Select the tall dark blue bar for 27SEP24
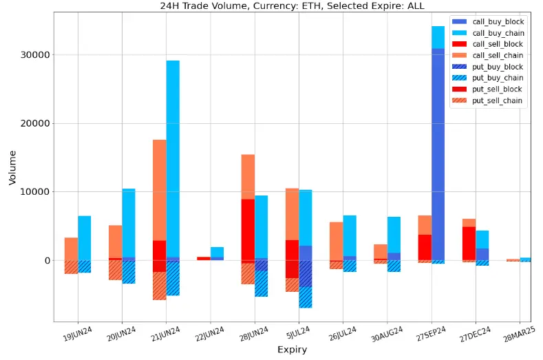tap(438, 151)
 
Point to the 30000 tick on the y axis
tap(38, 55)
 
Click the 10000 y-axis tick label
tap(38, 192)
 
